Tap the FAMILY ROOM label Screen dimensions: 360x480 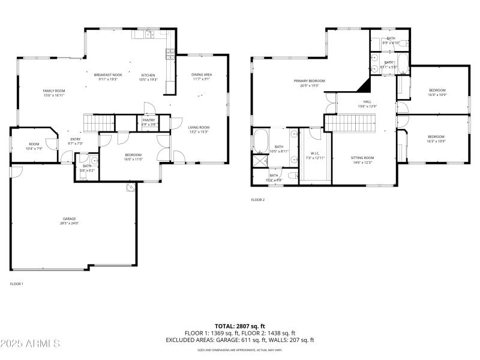(x=54, y=91)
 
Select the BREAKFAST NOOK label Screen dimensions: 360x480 (x=108, y=75)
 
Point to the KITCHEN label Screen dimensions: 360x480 (x=148, y=75)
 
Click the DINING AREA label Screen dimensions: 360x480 (x=202, y=74)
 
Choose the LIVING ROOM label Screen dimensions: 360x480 (x=199, y=127)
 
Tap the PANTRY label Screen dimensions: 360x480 (x=149, y=120)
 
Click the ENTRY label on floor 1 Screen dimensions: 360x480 (x=76, y=139)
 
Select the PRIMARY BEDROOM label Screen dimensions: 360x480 (x=309, y=80)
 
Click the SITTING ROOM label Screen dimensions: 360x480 (x=362, y=157)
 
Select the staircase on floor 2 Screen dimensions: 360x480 (x=350, y=123)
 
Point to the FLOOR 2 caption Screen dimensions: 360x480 (x=257, y=200)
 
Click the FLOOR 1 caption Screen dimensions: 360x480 (x=16, y=283)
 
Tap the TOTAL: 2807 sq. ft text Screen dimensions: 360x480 (x=239, y=326)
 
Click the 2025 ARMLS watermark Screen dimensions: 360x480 (x=30, y=344)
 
